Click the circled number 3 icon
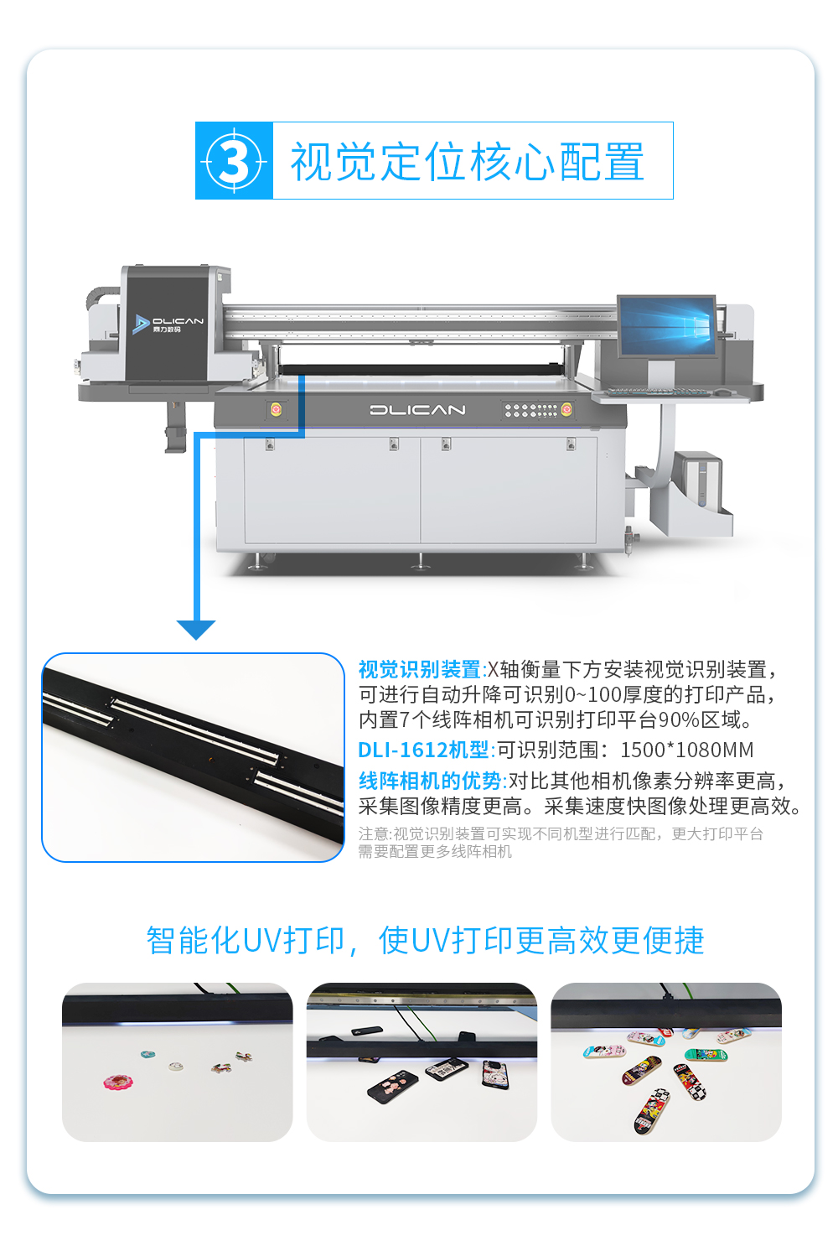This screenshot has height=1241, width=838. point(234,161)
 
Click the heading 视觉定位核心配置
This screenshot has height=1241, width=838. point(468,161)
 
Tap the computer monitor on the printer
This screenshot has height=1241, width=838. point(666,325)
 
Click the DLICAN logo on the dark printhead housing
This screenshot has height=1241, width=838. point(168,324)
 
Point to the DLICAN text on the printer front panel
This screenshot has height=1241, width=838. point(418,410)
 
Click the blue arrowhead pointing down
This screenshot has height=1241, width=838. point(196,630)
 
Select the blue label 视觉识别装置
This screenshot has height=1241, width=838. point(420,669)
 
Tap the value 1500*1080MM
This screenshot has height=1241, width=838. point(687,750)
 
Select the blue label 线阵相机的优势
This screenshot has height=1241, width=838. point(430,781)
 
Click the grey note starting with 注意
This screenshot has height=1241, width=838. point(561,842)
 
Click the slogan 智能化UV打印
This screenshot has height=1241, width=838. point(246,940)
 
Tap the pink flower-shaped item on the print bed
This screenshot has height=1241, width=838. point(118,1082)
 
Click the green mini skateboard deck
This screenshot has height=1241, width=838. point(706,1055)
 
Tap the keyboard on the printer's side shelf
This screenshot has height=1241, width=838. point(656,392)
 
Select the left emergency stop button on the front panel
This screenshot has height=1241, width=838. point(275,409)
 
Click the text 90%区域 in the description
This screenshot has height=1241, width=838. point(705,719)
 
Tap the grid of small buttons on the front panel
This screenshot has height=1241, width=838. point(530,410)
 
